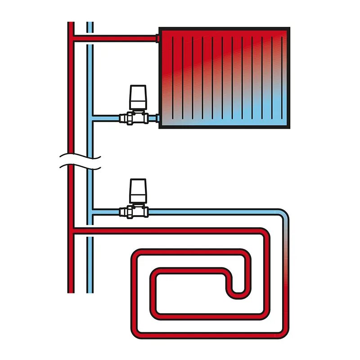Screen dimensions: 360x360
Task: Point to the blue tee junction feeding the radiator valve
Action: pos(91,118)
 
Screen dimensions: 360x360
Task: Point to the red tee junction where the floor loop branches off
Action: pos(72,231)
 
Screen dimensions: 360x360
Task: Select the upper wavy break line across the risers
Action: pos(81,157)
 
